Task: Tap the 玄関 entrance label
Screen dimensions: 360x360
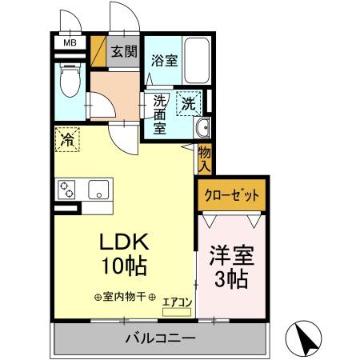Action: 123,53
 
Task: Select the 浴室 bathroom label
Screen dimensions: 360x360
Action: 166,59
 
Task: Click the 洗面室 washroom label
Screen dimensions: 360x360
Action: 160,114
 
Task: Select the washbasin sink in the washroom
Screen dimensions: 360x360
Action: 201,128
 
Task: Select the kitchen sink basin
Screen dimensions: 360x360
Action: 100,190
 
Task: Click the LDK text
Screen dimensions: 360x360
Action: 126,242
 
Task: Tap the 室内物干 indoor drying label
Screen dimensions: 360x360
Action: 126,297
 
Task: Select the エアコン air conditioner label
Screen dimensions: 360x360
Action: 177,302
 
